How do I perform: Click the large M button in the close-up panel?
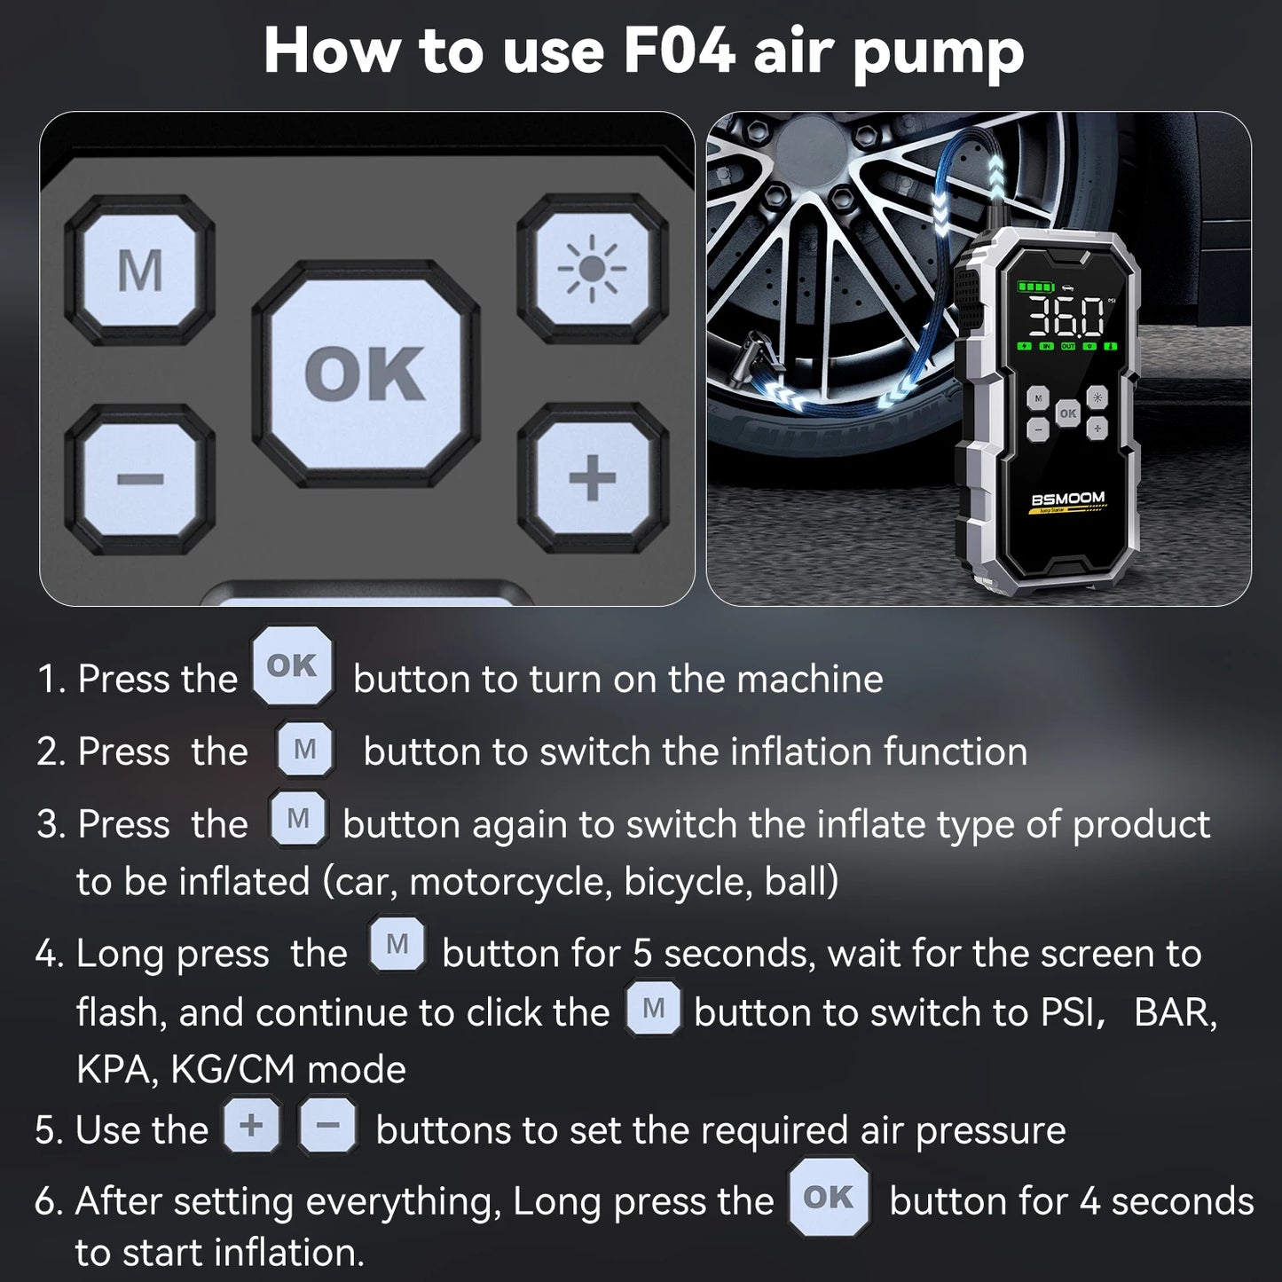click(140, 270)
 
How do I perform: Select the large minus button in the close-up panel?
click(140, 479)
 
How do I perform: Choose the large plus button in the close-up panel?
click(592, 479)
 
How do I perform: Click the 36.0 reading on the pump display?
click(1065, 317)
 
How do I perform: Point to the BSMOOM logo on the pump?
click(1068, 499)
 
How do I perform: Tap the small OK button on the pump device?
click(1067, 413)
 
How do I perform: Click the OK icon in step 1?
click(292, 665)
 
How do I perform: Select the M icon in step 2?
click(304, 750)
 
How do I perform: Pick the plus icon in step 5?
click(252, 1125)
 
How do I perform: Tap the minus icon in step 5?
click(327, 1125)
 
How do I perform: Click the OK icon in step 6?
click(828, 1197)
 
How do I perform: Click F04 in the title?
click(679, 51)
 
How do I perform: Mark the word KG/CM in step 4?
click(233, 1070)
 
